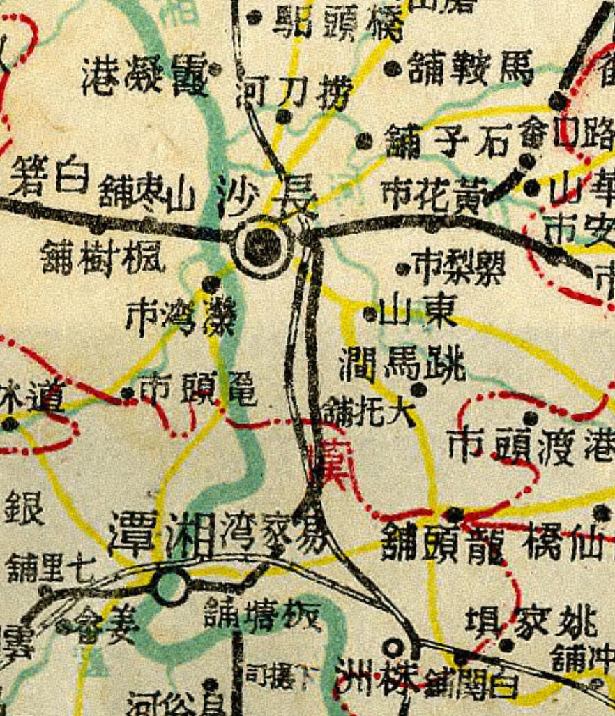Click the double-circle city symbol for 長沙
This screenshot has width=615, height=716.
coord(261,245)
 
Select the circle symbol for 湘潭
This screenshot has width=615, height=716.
coord(172,588)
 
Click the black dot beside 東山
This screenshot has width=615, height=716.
coord(370,314)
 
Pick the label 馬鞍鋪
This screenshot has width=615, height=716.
coord(471,68)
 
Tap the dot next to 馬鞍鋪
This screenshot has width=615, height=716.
coord(394,68)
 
